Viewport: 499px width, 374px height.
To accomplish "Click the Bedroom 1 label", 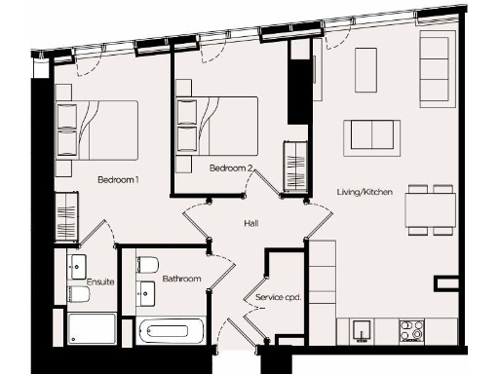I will click(x=118, y=180).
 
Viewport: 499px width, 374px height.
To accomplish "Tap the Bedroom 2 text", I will click(x=232, y=168).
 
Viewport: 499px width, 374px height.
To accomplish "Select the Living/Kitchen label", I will click(x=365, y=193).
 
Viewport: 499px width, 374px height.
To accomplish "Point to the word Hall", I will click(x=250, y=224).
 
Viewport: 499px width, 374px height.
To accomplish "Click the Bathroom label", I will click(x=181, y=280).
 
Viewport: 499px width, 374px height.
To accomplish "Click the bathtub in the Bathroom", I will click(x=172, y=332).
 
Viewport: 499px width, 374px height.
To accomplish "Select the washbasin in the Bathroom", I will click(x=148, y=292).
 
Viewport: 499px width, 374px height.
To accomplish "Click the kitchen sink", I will click(x=362, y=331).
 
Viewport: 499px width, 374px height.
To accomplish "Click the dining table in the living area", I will click(x=431, y=210).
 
